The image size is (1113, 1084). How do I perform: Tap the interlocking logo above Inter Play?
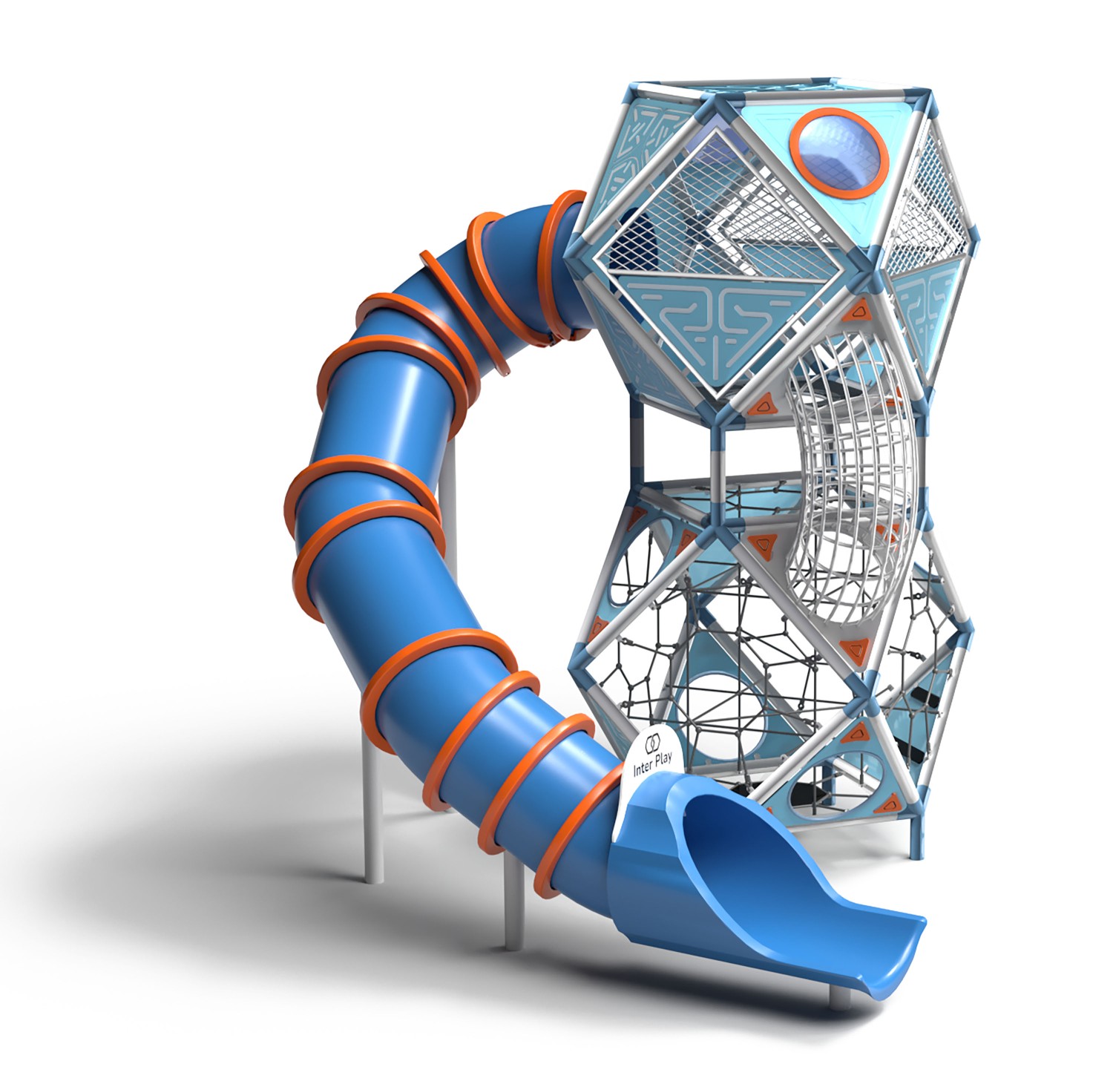pyautogui.click(x=652, y=741)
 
